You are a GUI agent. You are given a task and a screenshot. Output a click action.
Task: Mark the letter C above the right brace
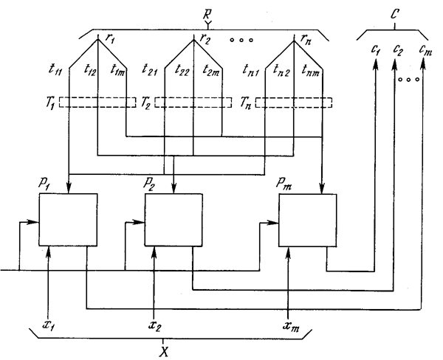pos(393,14)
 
